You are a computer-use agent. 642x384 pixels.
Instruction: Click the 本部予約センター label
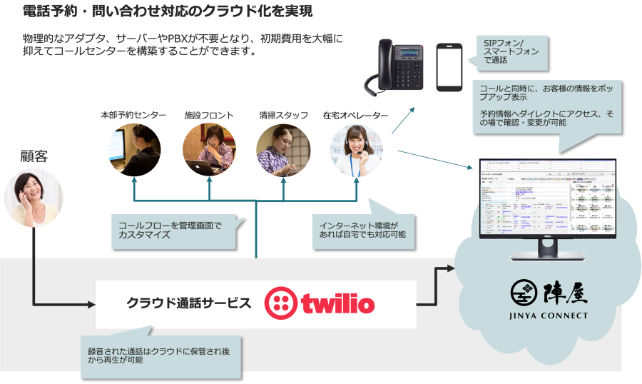pyautogui.click(x=133, y=116)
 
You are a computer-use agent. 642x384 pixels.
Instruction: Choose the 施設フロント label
pyautogui.click(x=208, y=116)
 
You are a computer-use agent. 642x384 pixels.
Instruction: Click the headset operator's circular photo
pyautogui.click(x=356, y=149)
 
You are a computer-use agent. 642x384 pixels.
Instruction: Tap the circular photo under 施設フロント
pyautogui.click(x=209, y=149)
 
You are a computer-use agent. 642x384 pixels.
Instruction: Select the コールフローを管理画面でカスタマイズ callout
pyautogui.click(x=171, y=231)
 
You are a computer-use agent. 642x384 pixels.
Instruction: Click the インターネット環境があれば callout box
pyautogui.click(x=362, y=231)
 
